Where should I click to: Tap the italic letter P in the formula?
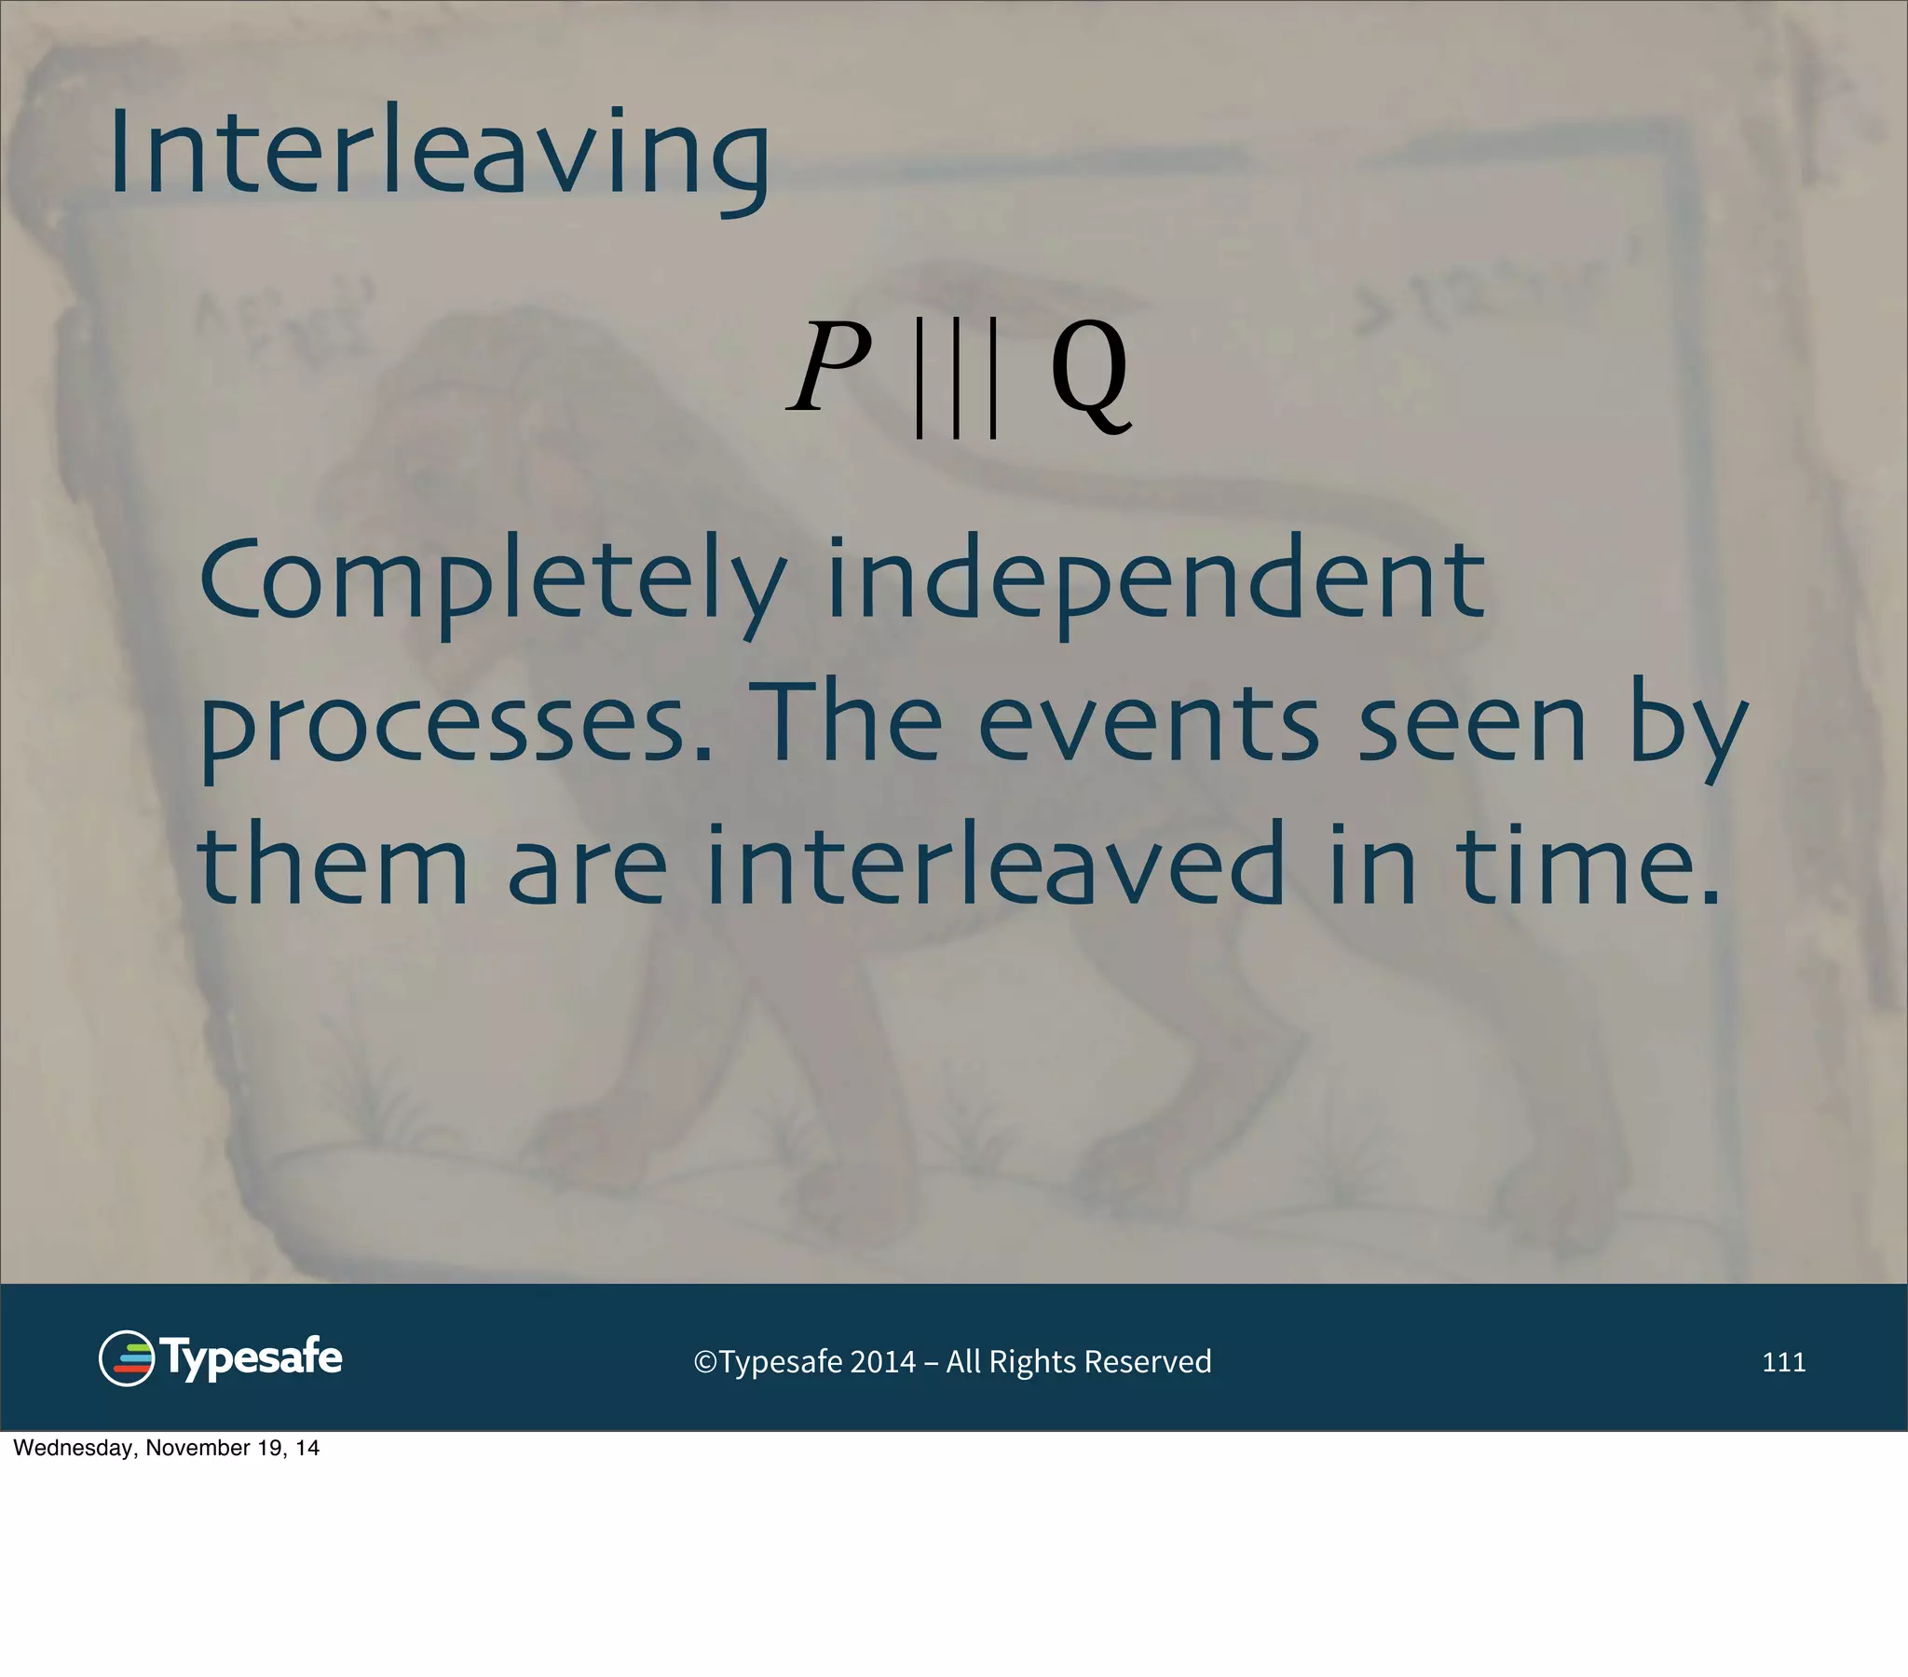(829, 367)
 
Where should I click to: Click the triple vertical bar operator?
(957, 376)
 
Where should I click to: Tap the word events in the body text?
(1148, 724)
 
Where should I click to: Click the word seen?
(1472, 724)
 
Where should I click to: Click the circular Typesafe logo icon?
(126, 1357)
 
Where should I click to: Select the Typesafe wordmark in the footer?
(252, 1357)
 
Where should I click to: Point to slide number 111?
(1783, 1362)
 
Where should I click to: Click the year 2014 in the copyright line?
(882, 1362)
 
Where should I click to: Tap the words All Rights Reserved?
(1078, 1362)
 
